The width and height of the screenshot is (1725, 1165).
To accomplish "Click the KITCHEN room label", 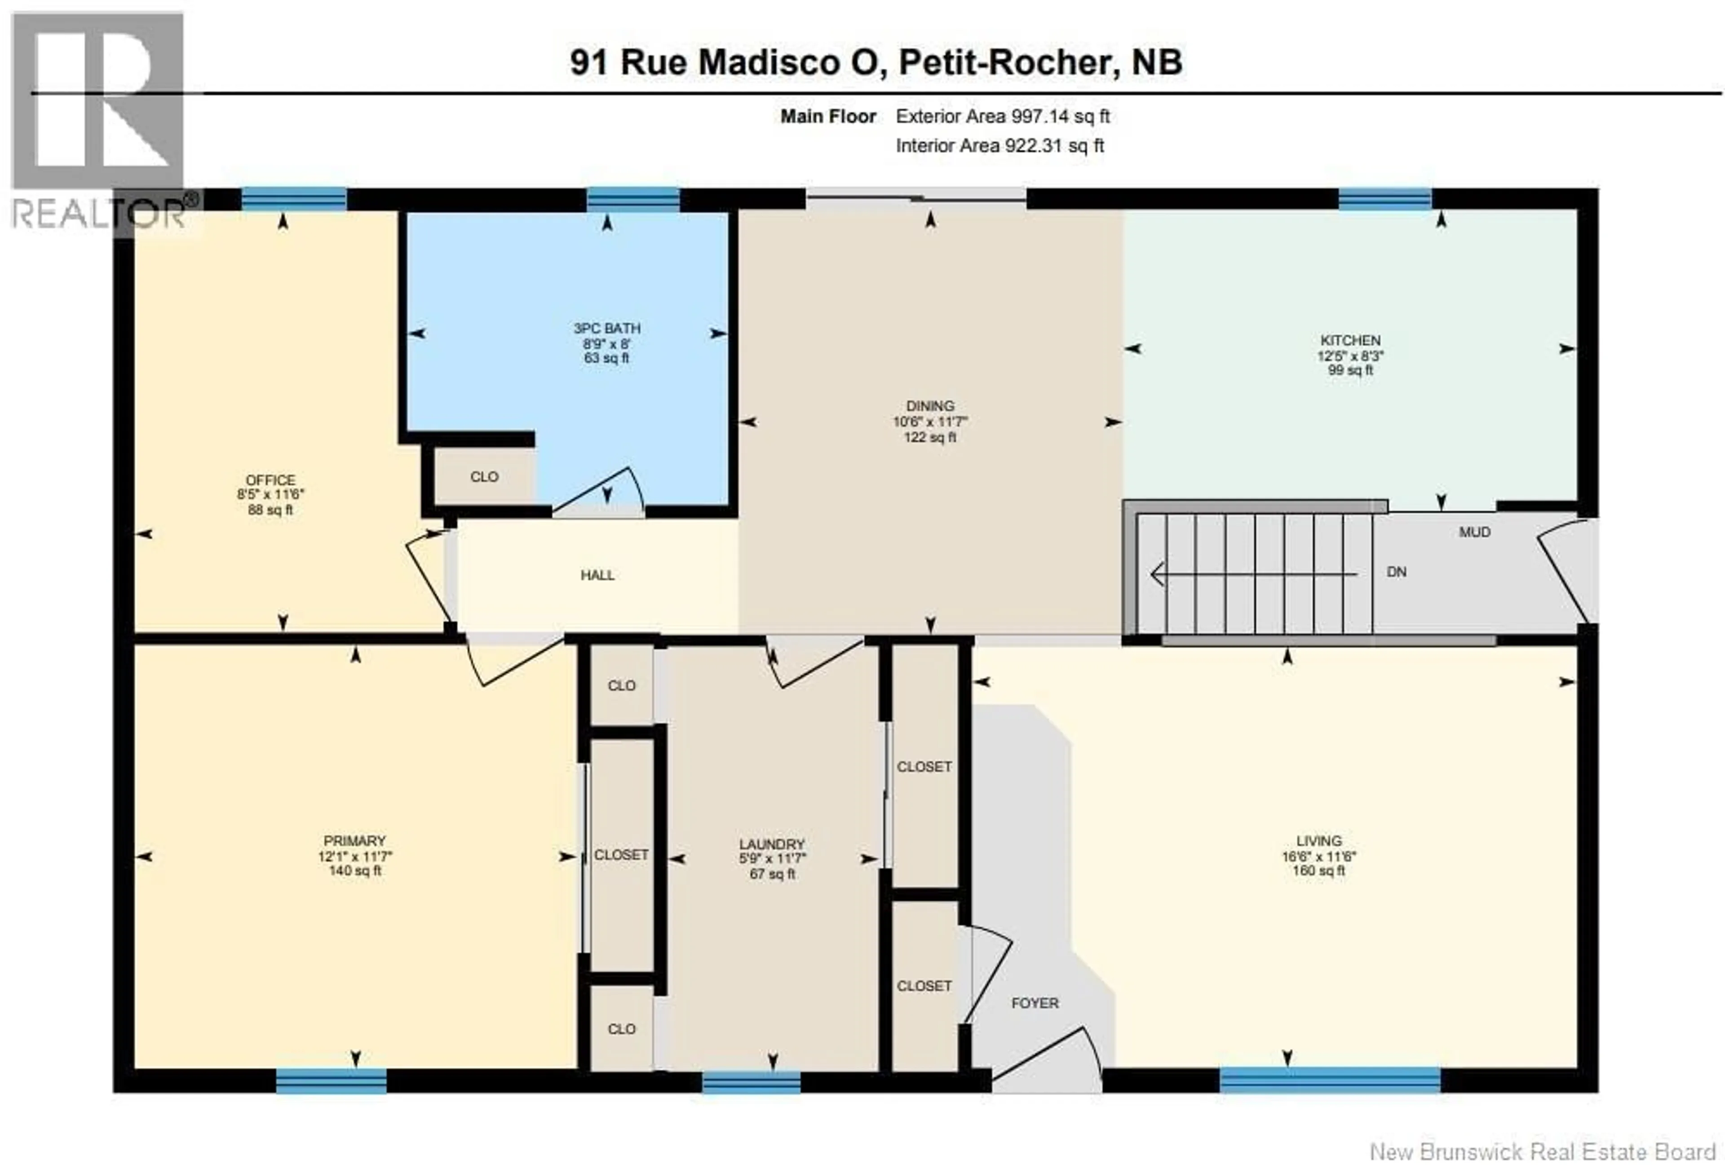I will pyautogui.click(x=1350, y=341).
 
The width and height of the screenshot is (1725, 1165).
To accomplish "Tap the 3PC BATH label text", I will pyautogui.click(x=606, y=328).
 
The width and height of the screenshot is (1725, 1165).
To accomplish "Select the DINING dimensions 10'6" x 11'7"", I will pyautogui.click(x=929, y=422).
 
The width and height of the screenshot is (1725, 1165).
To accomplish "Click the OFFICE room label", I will pyautogui.click(x=270, y=480).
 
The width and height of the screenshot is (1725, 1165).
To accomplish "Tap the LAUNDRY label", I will pyautogui.click(x=771, y=844).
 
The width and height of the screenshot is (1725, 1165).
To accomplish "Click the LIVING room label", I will pyautogui.click(x=1318, y=840).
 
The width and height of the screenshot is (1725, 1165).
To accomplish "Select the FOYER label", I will pyautogui.click(x=1034, y=1003).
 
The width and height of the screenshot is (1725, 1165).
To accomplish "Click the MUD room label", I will pyautogui.click(x=1474, y=532).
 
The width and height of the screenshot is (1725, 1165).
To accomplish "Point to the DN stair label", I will pyautogui.click(x=1396, y=572).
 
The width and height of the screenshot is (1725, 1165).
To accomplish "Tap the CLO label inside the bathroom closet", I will pyautogui.click(x=484, y=477).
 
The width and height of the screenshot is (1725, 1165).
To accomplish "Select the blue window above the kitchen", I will pyautogui.click(x=1384, y=199).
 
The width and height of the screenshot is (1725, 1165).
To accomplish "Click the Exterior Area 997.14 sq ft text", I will pyautogui.click(x=1002, y=116).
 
